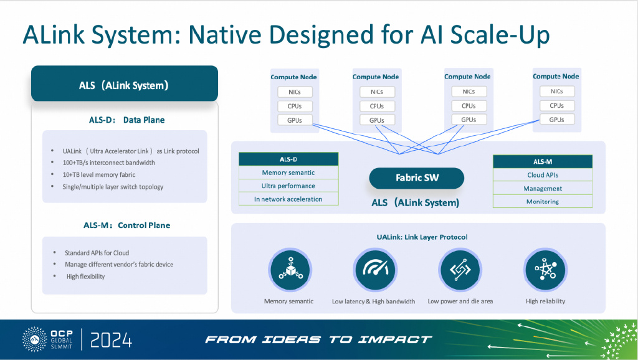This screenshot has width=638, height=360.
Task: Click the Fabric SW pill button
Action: tap(417, 178)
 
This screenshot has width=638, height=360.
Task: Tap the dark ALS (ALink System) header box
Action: tap(125, 84)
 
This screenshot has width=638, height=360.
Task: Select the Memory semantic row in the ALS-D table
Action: tap(288, 173)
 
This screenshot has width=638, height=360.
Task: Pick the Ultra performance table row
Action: tap(288, 186)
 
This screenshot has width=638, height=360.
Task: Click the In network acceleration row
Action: tap(288, 199)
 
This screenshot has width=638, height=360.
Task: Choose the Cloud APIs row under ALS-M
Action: tap(543, 175)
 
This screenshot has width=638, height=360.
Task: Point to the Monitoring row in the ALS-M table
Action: tap(543, 201)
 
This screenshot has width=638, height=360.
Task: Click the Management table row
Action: tap(543, 188)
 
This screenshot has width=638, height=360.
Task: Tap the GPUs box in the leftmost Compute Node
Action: tap(295, 120)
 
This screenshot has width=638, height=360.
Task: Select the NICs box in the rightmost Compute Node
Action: tap(557, 91)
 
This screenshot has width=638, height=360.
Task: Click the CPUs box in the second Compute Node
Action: tap(377, 106)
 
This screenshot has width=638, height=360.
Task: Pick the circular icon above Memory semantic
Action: tap(290, 270)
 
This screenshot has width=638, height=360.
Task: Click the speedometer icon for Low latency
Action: tap(374, 270)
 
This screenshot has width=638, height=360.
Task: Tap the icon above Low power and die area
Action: tap(460, 270)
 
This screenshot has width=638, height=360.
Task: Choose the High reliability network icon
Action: tap(545, 270)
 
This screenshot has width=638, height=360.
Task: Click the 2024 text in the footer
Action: tap(111, 340)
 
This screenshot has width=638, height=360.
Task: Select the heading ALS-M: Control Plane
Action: tap(127, 225)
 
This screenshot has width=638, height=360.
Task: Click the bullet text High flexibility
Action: tap(85, 277)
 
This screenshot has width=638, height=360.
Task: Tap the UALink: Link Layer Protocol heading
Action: tap(422, 237)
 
